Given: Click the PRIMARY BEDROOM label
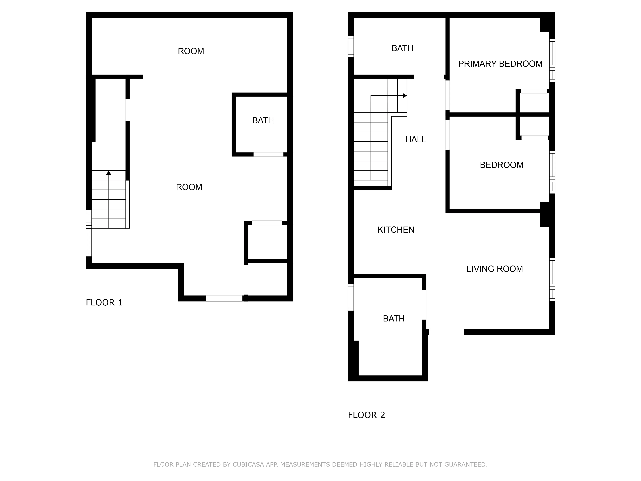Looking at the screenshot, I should coord(500,64).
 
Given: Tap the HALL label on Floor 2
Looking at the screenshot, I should coord(416,139).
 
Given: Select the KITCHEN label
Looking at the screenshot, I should coord(396,230).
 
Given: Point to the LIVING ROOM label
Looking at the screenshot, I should coord(495,269).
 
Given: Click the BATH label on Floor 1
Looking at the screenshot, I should coord(263,120).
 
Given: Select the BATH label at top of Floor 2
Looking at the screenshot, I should coord(402,48).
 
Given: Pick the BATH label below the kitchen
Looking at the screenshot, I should coord(394,319).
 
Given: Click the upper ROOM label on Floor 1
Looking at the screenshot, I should coord(191,51).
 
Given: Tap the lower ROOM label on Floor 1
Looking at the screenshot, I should coord(189,187).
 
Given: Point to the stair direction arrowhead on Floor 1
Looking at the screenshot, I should coord(109,173).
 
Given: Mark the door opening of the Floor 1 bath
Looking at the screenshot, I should coord(268,155).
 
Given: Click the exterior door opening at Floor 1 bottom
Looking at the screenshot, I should coord(224,298).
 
